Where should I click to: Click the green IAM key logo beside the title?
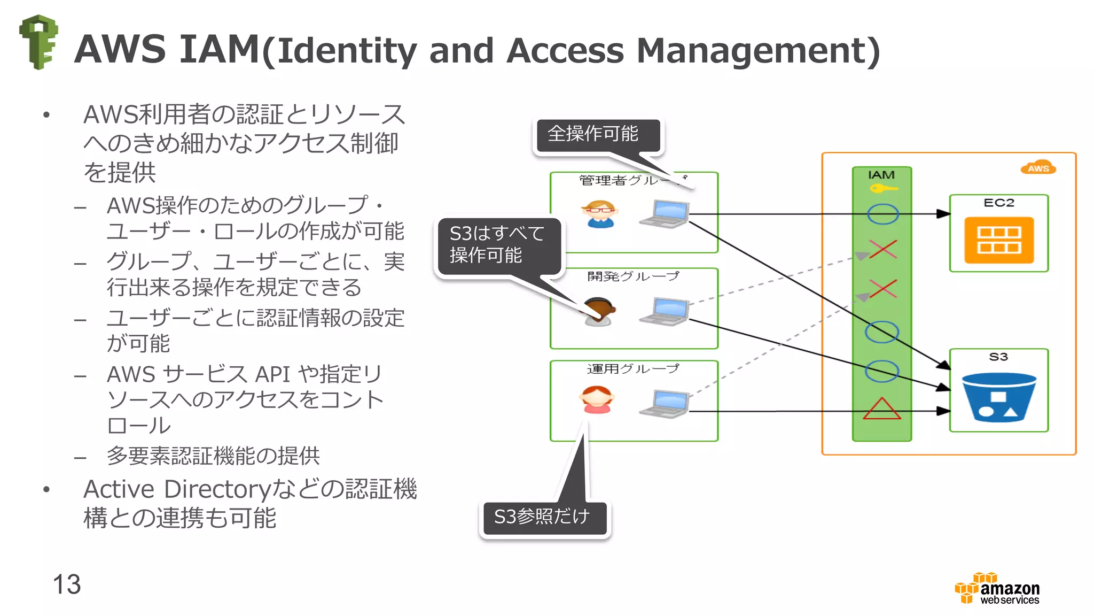(x=38, y=42)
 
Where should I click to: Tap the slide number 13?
(x=67, y=584)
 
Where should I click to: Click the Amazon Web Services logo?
(x=998, y=589)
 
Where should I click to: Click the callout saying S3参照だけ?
(x=543, y=517)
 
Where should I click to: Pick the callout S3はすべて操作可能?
(x=498, y=245)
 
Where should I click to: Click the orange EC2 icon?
(x=998, y=240)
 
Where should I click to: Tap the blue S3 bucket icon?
(x=998, y=397)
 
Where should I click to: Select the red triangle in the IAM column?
(x=882, y=409)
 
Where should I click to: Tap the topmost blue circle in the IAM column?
(x=882, y=214)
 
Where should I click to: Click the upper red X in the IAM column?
(x=882, y=249)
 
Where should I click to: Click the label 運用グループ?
(x=633, y=368)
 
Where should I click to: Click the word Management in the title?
(x=757, y=51)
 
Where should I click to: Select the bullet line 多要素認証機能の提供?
(x=213, y=456)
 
